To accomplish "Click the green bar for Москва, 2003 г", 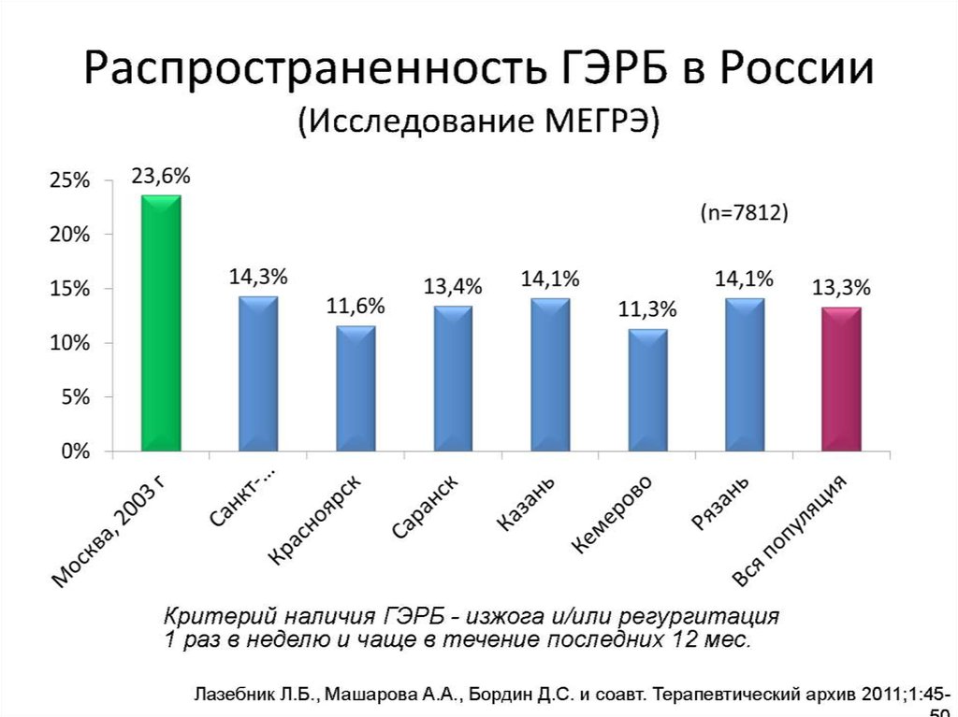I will (x=161, y=323).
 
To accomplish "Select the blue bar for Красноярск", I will (x=356, y=389).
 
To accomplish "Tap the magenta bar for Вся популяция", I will (x=841, y=380).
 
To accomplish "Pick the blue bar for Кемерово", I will (x=647, y=391).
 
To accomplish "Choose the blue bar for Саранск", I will (x=453, y=379).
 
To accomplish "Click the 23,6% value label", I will (x=161, y=176).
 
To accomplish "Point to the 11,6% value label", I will (x=356, y=307).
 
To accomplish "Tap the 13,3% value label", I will (x=841, y=287).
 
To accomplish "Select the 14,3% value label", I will (x=258, y=277).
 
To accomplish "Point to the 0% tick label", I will (x=76, y=452).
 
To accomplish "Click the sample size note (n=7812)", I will (x=745, y=213).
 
